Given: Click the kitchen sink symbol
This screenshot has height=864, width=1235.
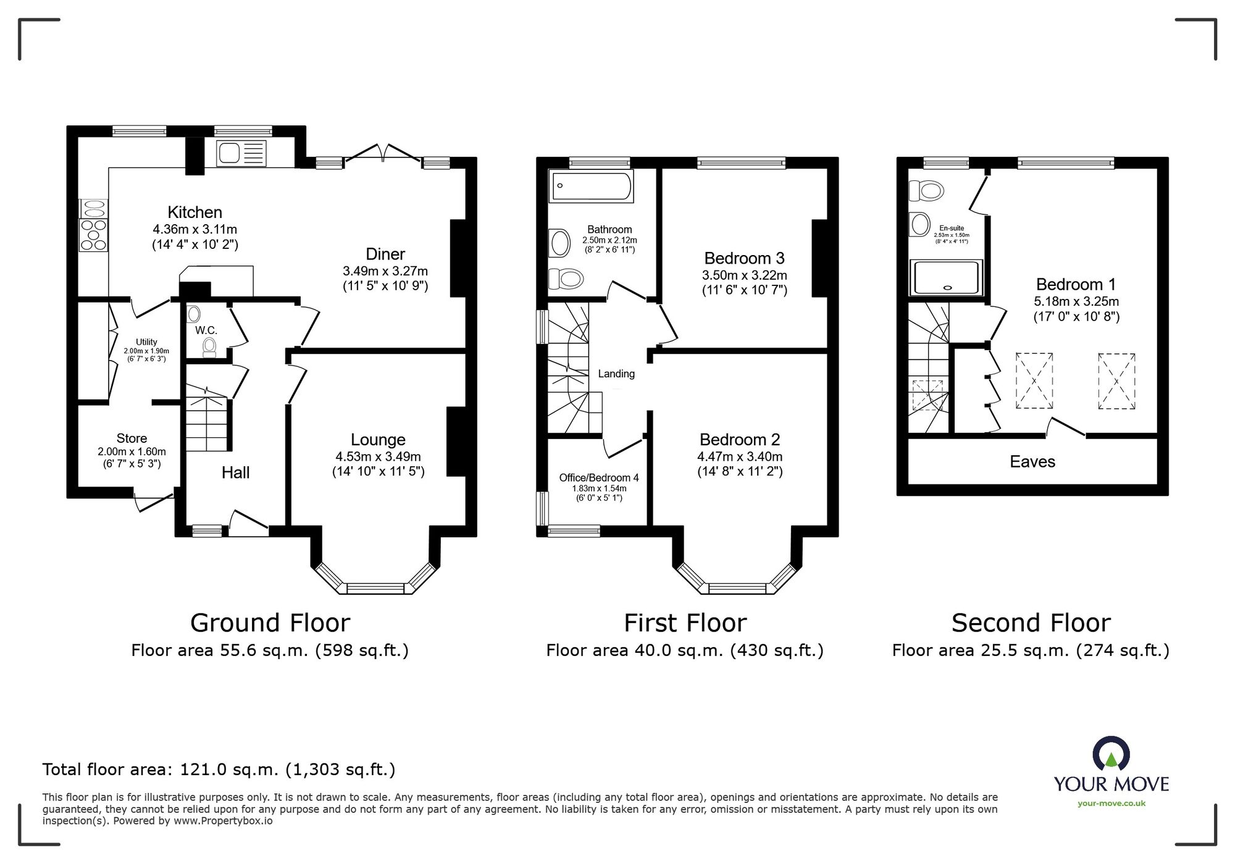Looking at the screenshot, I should click(x=241, y=153).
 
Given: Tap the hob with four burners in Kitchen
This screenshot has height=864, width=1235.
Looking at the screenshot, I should click(x=93, y=235).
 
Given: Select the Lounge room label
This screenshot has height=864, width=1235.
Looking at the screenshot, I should click(x=378, y=440).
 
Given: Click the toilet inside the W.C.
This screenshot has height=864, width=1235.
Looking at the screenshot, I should click(x=209, y=347).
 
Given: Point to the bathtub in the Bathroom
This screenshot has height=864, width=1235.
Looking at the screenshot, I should click(x=592, y=186).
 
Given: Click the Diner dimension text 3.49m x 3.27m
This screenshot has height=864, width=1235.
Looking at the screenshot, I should click(x=385, y=271).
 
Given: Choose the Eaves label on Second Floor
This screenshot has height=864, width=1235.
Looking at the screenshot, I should click(x=1032, y=462).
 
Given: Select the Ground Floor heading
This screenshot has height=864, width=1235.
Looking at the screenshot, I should click(x=270, y=623).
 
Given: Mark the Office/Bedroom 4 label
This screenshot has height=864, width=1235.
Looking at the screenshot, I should click(x=598, y=477).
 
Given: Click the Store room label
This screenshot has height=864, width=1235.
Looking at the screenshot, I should click(x=132, y=438).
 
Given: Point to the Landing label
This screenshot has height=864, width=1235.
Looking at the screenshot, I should click(x=616, y=374).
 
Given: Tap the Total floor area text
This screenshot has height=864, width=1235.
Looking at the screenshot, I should click(x=219, y=770).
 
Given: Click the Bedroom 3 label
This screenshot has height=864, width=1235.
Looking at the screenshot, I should click(x=744, y=258).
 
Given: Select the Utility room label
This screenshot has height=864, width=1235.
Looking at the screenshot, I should click(x=146, y=342).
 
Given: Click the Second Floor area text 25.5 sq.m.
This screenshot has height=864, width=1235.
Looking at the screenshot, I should click(x=1031, y=650).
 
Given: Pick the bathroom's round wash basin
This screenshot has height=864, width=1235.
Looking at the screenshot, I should click(x=560, y=243).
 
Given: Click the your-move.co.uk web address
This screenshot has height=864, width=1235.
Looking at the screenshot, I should click(x=1111, y=803).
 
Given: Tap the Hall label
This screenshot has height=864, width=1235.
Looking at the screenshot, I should click(x=235, y=473).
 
